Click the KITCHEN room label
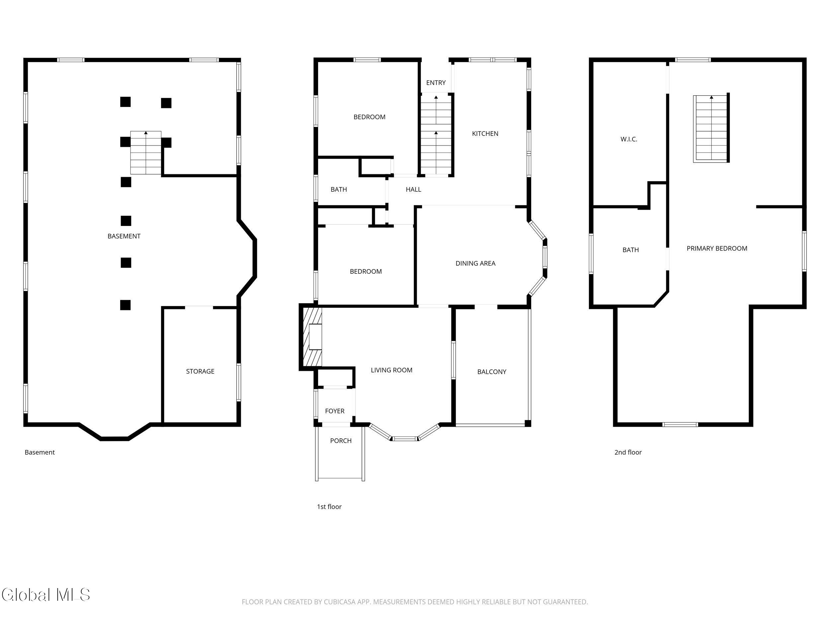(x=485, y=133)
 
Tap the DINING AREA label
(x=475, y=263)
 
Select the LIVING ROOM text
(x=391, y=370)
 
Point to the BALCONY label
(x=492, y=371)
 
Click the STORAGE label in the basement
(x=200, y=371)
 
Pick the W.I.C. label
(x=628, y=139)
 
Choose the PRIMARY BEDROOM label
(x=717, y=248)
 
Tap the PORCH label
(x=341, y=441)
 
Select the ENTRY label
(x=436, y=83)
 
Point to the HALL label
(x=413, y=189)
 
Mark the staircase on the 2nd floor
(x=711, y=129)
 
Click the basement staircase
(x=146, y=153)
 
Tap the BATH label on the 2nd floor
(x=630, y=250)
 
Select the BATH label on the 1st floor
(x=338, y=189)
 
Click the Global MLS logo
(x=46, y=594)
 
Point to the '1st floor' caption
(x=329, y=507)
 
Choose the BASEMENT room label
(x=124, y=236)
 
